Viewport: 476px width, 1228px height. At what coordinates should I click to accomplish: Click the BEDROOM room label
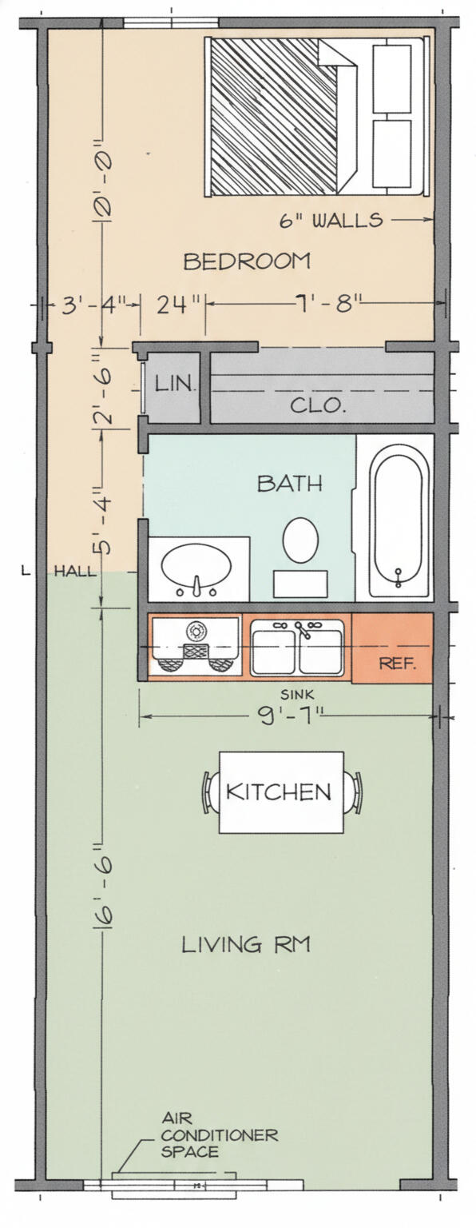point(247,261)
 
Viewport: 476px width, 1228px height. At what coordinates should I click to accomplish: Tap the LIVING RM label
point(246,944)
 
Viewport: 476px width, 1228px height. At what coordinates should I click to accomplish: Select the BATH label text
point(289,483)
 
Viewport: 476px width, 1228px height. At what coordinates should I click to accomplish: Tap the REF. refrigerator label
point(398,664)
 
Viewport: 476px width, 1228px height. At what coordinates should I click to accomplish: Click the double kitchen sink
point(297,648)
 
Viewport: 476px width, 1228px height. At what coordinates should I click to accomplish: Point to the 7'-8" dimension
point(324,303)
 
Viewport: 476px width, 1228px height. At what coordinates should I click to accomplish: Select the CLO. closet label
point(318,405)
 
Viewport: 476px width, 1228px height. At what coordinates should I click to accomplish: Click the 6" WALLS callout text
point(331,220)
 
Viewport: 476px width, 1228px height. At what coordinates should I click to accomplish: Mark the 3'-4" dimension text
point(93,305)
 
